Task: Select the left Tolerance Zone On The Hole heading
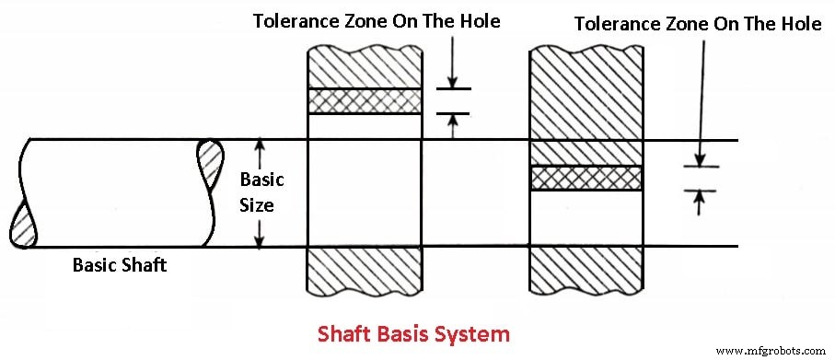pos(377,20)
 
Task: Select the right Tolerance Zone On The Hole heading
pos(698,24)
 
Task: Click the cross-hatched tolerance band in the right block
pos(586,178)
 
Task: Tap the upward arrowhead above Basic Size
pos(261,145)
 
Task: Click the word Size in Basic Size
pos(257,204)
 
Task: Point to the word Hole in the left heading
pos(478,20)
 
